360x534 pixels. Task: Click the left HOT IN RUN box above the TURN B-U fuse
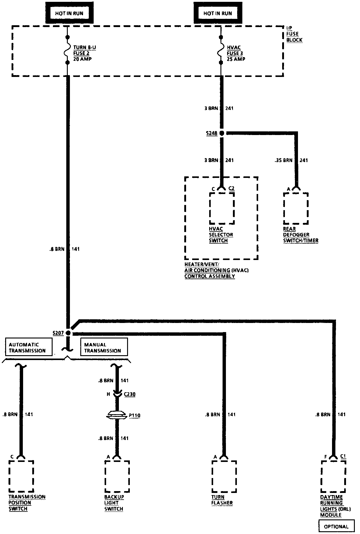69,13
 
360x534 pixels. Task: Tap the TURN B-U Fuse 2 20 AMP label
84,53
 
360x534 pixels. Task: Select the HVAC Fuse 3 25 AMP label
236,53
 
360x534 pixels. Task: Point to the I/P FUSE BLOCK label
294,34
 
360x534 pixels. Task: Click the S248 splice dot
222,133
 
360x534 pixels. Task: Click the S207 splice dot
68,333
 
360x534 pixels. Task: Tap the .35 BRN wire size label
283,160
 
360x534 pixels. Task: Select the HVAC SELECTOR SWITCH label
221,234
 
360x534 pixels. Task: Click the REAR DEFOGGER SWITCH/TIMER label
300,234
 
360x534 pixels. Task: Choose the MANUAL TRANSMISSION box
104,347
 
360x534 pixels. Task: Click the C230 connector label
130,394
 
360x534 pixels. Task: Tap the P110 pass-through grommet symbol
116,415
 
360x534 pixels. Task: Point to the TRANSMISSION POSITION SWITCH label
27,503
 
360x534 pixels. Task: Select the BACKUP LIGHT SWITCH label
114,503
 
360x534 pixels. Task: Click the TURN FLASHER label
222,500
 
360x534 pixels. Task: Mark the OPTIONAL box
336,526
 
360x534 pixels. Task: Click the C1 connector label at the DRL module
343,456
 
